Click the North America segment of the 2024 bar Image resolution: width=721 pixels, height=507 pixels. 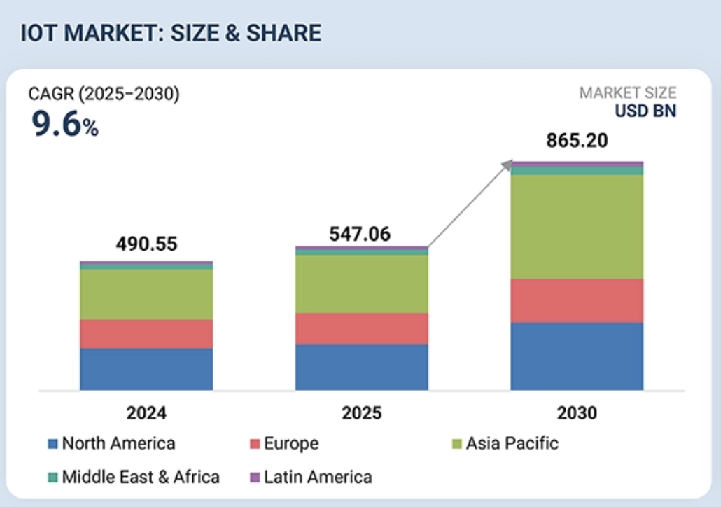(146, 369)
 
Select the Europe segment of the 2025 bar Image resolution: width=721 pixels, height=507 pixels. (362, 328)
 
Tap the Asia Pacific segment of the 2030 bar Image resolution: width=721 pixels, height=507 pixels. (577, 227)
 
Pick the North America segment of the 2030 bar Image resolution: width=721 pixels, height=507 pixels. (577, 356)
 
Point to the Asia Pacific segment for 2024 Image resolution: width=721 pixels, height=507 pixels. (146, 295)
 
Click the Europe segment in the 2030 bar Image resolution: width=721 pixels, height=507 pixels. (577, 300)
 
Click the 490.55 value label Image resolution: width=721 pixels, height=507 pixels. (146, 244)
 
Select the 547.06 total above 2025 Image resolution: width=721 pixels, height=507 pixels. (360, 234)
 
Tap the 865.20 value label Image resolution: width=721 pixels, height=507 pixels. (577, 140)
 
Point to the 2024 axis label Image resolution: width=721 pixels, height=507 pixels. (146, 412)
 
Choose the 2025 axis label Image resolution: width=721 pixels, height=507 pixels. (362, 412)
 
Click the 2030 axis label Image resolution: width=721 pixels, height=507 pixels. (577, 412)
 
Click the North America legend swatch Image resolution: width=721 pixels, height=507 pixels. (52, 444)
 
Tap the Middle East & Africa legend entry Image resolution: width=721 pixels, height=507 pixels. (133, 478)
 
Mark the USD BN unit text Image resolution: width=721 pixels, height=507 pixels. (645, 111)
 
